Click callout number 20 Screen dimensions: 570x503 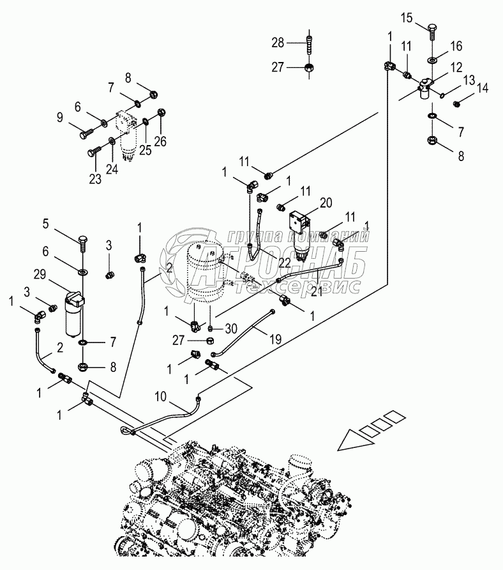tap(326, 203)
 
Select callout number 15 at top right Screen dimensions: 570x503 tap(407, 17)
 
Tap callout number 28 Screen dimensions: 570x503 tap(276, 43)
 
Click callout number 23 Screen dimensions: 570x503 tap(95, 179)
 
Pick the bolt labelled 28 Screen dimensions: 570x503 tap(310, 43)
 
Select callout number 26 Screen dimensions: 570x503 tap(160, 142)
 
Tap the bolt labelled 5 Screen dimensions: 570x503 tap(84, 242)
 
